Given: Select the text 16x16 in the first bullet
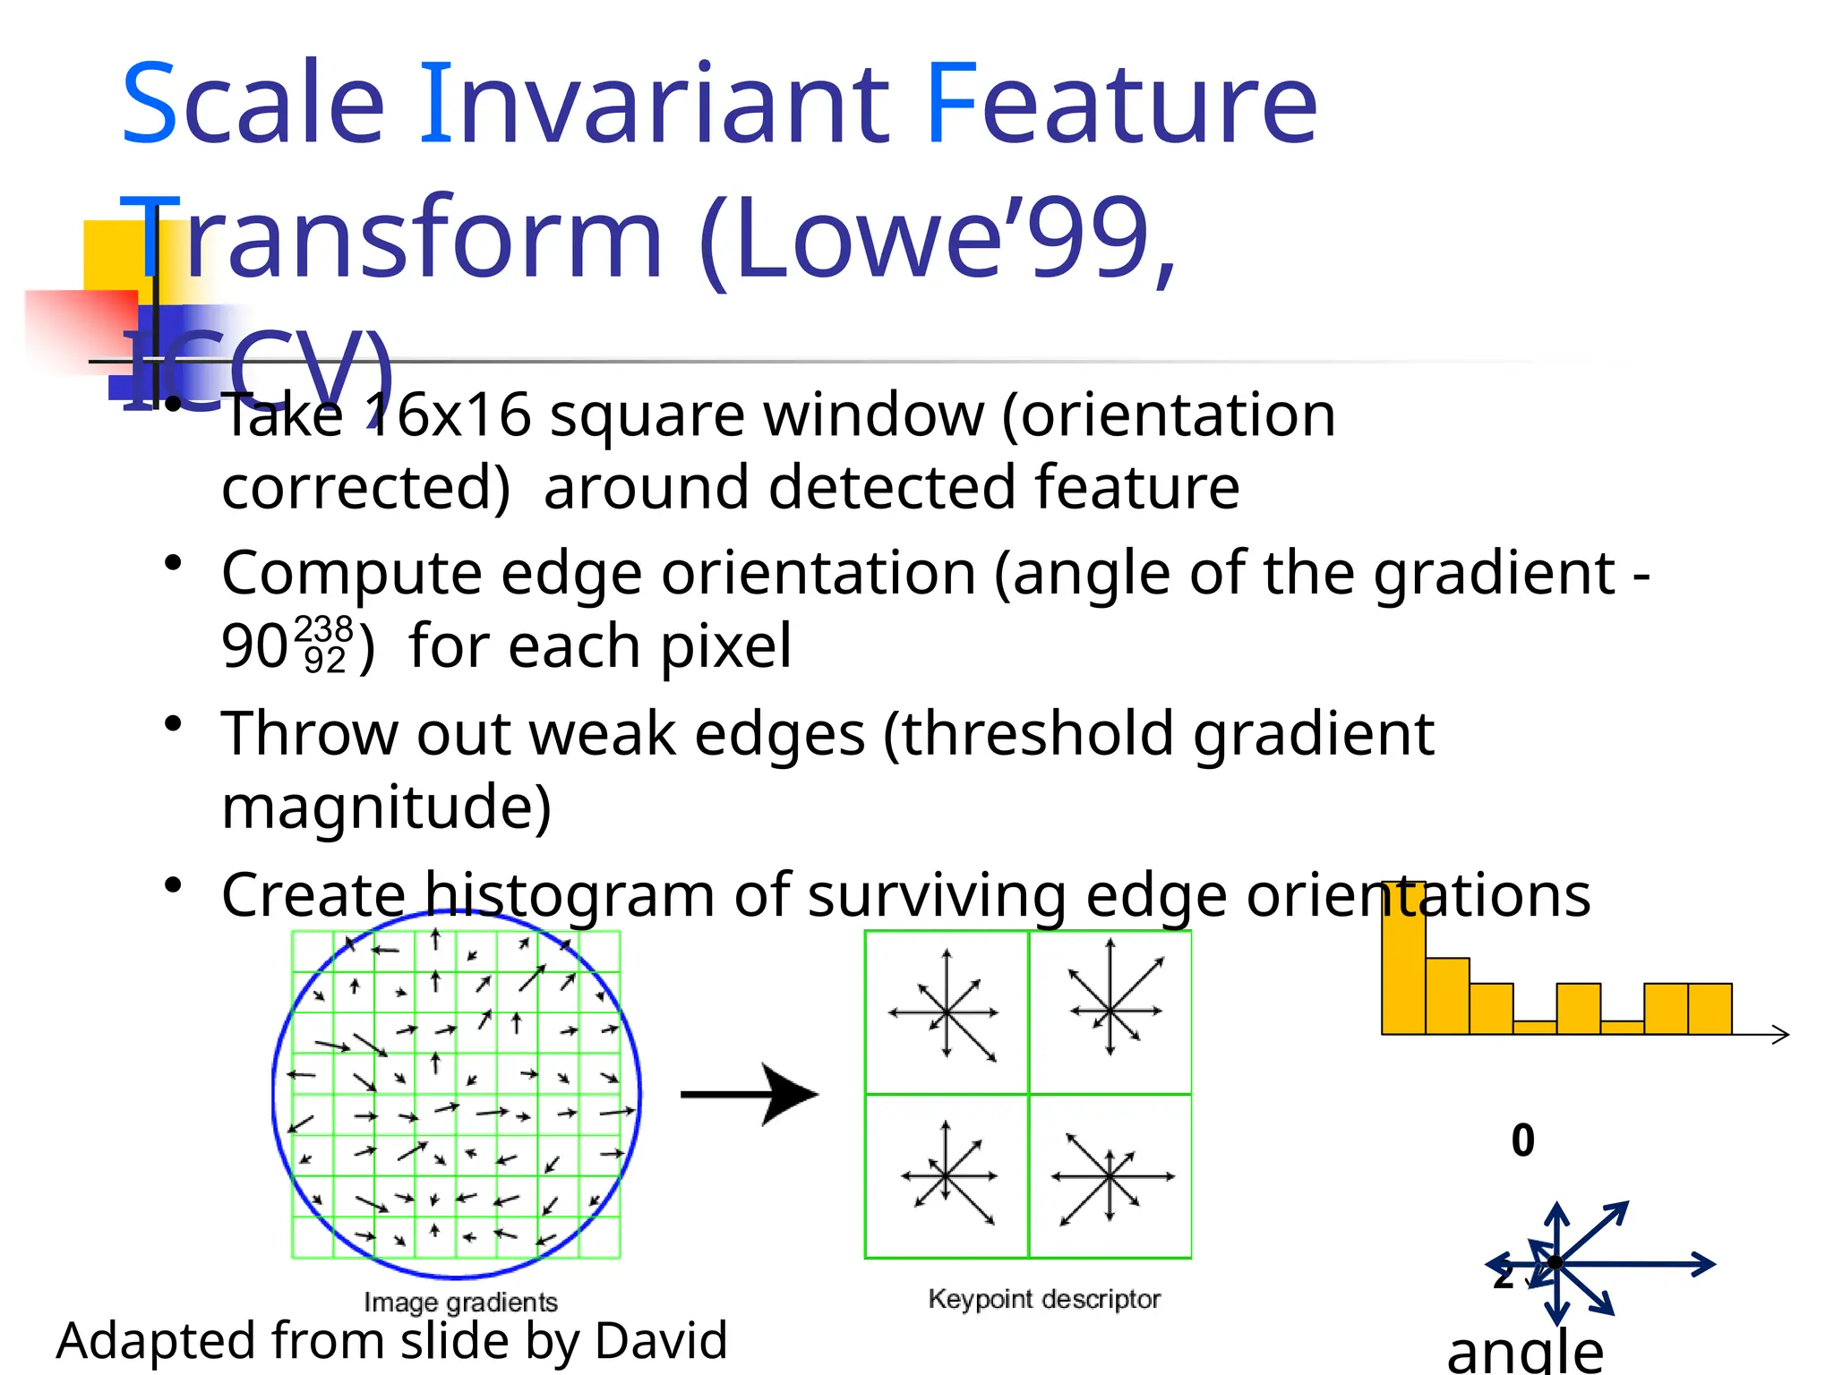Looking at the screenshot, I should coord(447,415).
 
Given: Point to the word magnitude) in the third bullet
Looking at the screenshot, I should coord(386,807).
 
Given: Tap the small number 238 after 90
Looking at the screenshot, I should coord(323,629).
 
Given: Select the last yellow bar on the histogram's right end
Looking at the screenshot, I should coord(1710,1009).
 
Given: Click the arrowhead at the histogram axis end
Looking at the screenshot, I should coord(1781,1035).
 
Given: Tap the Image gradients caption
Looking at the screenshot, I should coord(460,1302).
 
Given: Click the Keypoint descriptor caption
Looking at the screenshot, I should coord(1044,1299).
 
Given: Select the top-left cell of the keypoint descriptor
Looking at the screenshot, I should coord(946,1012).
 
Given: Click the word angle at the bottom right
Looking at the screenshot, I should coord(1524,1353).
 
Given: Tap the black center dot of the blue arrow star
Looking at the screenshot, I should coord(1556,1263).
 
